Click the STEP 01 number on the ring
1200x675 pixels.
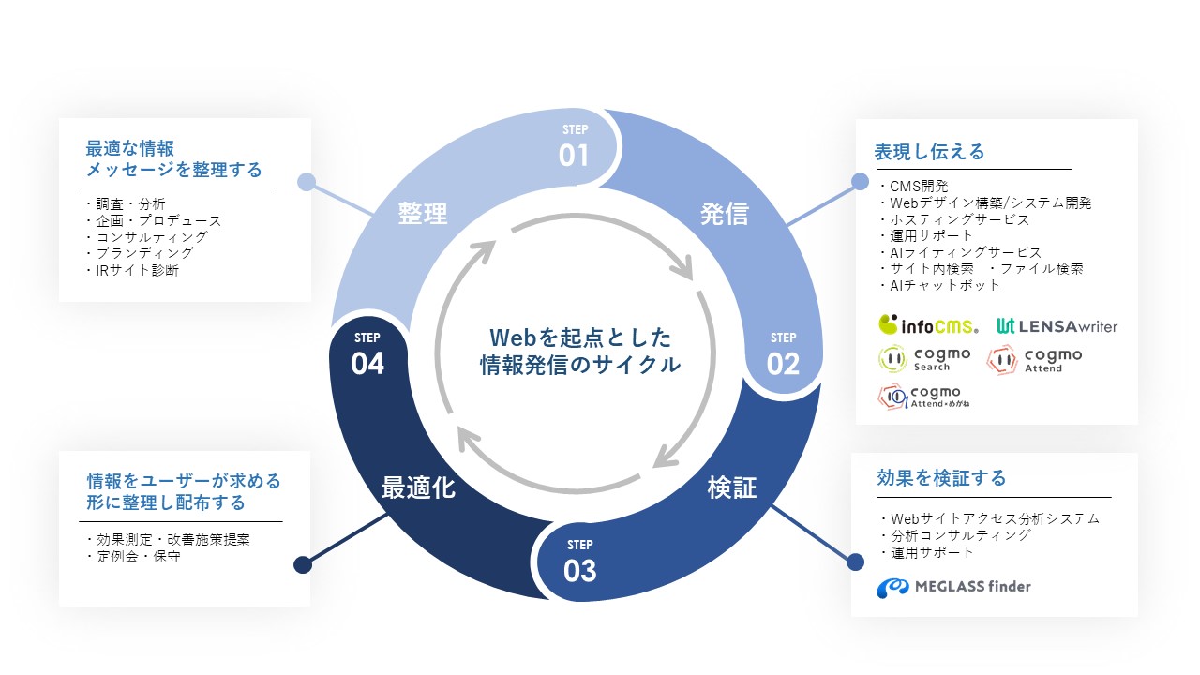[x=574, y=156]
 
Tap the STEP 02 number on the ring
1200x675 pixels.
[x=783, y=364]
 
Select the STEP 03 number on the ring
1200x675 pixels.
[x=579, y=571]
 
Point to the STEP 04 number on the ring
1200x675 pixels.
[x=367, y=364]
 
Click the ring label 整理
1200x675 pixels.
[x=422, y=213]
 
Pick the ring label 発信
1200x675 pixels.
[x=725, y=214]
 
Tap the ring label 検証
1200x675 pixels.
[x=732, y=487]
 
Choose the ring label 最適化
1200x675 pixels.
[x=418, y=487]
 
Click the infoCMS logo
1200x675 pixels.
[x=928, y=324]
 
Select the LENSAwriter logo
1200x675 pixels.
[x=1057, y=326]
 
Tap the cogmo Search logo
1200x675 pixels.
[x=924, y=359]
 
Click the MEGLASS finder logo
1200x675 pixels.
[x=953, y=587]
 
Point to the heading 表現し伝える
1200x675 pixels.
[x=929, y=152]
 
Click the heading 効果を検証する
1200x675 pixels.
[x=941, y=478]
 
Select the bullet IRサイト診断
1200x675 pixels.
[x=133, y=271]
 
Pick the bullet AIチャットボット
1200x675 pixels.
[x=940, y=285]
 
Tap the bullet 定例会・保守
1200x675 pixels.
[x=134, y=557]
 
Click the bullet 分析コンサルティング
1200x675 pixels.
[x=955, y=535]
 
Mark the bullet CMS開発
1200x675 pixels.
[x=914, y=187]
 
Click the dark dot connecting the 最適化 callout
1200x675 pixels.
[x=303, y=564]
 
